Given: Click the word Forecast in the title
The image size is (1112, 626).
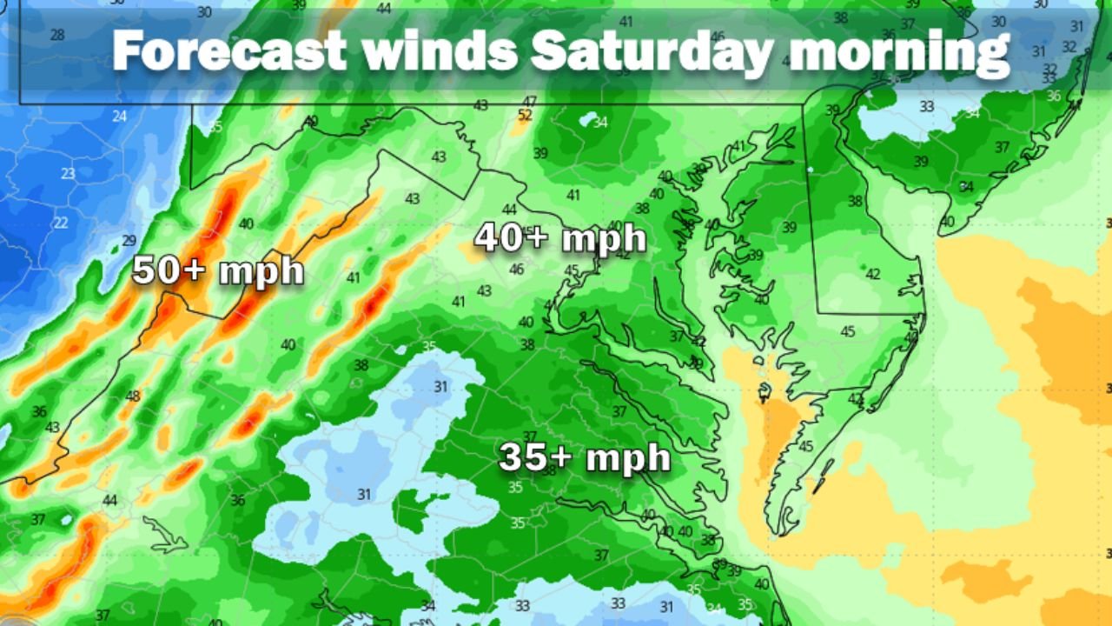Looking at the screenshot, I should [x=229, y=51].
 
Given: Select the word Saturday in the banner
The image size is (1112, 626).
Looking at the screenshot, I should [x=652, y=51].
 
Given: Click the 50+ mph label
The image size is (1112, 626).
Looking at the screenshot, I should [x=218, y=270].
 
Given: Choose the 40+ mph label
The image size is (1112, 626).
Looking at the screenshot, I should [x=560, y=238].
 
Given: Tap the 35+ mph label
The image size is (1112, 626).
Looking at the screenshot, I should [x=584, y=457].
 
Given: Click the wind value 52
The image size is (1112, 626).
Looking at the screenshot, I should [x=525, y=115].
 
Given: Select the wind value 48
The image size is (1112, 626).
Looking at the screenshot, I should [x=133, y=396].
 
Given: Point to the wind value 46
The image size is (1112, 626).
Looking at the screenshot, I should [x=517, y=270].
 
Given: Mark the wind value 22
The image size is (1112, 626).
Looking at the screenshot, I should [x=61, y=223].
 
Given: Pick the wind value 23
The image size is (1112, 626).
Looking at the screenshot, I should [x=68, y=173].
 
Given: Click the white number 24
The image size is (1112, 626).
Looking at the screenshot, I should [x=119, y=117].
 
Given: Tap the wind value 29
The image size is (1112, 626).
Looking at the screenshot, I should [x=129, y=241].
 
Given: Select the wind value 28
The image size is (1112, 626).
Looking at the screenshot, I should [x=57, y=35].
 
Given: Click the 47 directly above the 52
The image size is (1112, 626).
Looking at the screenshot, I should [x=529, y=102].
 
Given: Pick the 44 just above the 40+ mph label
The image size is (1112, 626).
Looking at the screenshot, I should [x=510, y=210].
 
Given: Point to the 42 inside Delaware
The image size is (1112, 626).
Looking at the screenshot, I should [x=873, y=274].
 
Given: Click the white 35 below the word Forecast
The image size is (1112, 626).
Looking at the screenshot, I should [x=215, y=127].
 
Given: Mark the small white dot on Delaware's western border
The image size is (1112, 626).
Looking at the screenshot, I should [x=809, y=170].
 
